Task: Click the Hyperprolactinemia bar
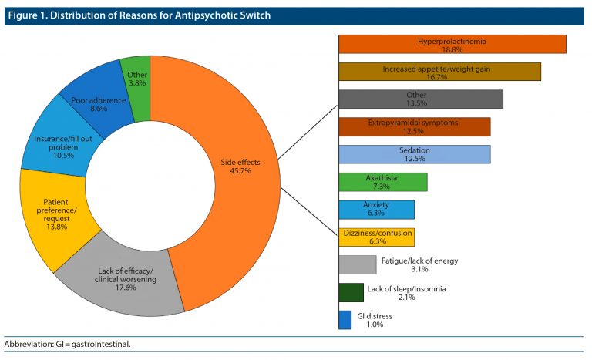tap(452, 44)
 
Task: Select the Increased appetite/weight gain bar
tap(439, 72)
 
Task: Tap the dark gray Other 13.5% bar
tap(421, 99)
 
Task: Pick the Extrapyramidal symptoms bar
tap(415, 126)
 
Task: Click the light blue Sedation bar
tap(415, 154)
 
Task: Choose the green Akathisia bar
tap(383, 182)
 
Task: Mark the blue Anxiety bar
tap(377, 209)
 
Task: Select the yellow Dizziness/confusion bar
tap(377, 237)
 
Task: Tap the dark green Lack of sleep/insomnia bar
tap(351, 292)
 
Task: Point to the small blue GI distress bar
tap(345, 319)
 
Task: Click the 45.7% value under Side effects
tap(240, 171)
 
